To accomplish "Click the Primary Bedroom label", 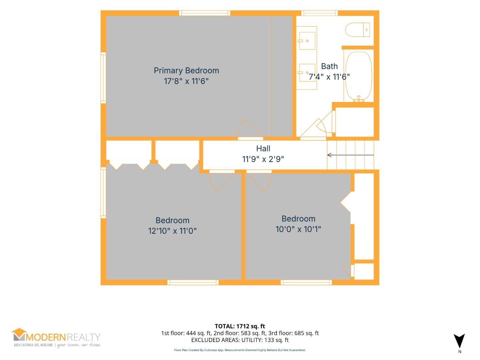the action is (186, 71).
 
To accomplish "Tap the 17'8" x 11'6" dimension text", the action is (186, 81).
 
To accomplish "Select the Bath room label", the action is (329, 66).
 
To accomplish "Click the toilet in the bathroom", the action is (357, 30).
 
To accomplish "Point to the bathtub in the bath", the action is (359, 76).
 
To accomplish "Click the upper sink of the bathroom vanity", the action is (307, 41).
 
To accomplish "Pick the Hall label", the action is (263, 149).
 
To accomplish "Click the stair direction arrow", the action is (350, 155).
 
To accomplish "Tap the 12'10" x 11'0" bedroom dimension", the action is (172, 231).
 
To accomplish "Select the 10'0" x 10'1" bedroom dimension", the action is (298, 229).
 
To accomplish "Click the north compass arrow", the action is (459, 341).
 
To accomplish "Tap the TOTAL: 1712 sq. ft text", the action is (240, 326).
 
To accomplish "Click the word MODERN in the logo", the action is (45, 337).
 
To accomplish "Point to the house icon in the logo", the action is (19, 334).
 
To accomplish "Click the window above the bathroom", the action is (319, 13).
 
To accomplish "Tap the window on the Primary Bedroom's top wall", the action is (204, 13).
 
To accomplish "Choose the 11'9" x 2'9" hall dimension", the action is (263, 159).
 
